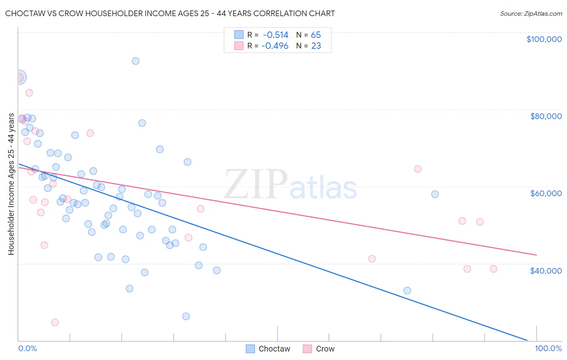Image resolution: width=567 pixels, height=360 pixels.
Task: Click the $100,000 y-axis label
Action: point(544,39)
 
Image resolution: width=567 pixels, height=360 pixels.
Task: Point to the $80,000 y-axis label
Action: point(546,116)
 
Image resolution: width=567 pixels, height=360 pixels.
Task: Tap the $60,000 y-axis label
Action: point(546,193)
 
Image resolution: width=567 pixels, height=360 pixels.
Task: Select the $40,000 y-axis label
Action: point(546,271)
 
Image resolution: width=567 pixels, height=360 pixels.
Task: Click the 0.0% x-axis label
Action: point(27,348)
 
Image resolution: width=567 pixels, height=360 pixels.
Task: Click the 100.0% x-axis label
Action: point(548,348)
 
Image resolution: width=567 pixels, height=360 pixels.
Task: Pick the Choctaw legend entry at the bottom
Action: point(268,349)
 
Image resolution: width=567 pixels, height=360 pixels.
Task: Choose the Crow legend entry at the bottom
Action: point(319,349)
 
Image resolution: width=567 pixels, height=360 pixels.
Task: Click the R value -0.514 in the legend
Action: point(275,35)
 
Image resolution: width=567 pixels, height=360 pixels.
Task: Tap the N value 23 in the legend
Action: point(316,46)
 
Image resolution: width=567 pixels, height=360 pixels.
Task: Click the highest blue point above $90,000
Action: point(135,61)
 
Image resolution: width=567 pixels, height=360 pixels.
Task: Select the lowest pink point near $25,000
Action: point(55,322)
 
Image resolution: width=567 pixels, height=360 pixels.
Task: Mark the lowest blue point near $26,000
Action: point(186,316)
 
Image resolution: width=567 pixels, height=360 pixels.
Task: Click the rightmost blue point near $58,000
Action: point(435,194)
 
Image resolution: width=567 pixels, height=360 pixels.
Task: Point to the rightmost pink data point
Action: point(493,269)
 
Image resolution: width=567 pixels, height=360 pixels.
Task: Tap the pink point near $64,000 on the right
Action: point(418,169)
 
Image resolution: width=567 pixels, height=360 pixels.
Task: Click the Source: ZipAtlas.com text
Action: point(531,14)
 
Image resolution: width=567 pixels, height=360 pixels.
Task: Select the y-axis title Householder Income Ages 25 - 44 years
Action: point(11,184)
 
